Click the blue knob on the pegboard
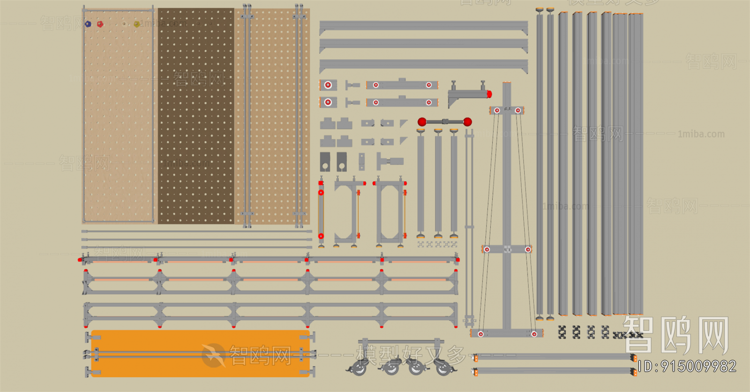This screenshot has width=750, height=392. tap(88, 24)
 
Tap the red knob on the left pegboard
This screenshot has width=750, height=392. tap(100, 24)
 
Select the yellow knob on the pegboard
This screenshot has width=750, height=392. tap(136, 24)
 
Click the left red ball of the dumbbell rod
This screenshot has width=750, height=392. tap(422, 122)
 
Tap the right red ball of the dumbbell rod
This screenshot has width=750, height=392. tap(467, 122)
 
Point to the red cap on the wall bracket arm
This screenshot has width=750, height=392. tap(489, 94)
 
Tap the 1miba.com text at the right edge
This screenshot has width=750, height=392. tap(701, 134)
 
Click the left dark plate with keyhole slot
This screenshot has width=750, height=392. tap(325, 162)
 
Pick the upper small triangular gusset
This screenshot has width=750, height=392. tap(404, 123)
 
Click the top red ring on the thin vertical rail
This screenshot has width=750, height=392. tap(321, 192)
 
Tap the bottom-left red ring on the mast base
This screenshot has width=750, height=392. tap(480, 334)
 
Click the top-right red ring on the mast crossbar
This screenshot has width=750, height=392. tap(518, 111)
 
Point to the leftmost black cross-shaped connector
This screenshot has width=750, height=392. tap(562, 332)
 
